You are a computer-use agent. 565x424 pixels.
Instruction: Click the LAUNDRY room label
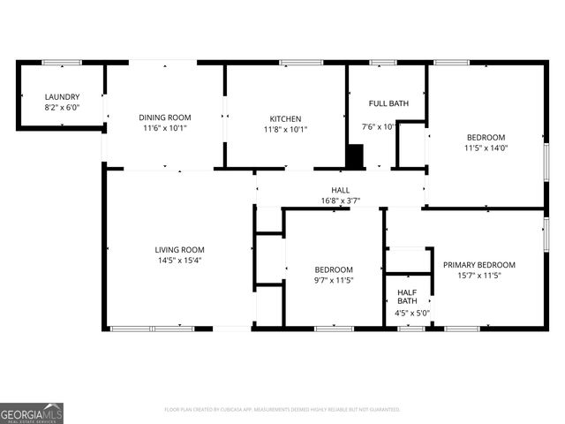[63, 97]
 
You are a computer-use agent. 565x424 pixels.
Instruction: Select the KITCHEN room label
[285, 118]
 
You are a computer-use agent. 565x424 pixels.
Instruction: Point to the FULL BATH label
[388, 103]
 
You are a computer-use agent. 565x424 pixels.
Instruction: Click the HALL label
[340, 190]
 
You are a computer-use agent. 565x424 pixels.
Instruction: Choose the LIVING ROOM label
[179, 249]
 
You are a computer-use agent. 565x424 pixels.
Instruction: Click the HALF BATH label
[407, 296]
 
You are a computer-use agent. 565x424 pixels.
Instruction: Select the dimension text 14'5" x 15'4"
[179, 261]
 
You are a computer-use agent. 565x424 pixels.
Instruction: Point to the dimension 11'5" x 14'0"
[486, 148]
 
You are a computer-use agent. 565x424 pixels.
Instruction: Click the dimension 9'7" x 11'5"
[334, 281]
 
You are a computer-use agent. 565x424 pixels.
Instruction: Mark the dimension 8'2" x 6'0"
[63, 108]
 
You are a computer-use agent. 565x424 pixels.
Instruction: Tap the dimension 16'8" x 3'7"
[340, 201]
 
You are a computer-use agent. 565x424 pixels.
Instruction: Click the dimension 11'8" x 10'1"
[285, 129]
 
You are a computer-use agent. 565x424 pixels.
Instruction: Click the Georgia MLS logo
[32, 413]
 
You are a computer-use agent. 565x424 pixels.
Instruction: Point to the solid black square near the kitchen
[354, 157]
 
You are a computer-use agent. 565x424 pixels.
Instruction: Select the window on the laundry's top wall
[62, 63]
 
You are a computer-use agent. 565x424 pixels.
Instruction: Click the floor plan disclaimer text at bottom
[282, 409]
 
